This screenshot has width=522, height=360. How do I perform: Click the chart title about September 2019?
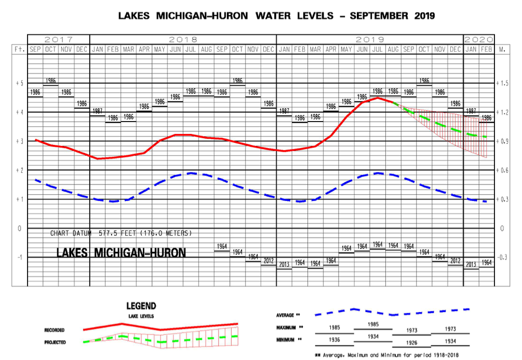(x=276, y=16)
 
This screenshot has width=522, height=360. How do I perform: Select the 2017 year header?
(x=58, y=39)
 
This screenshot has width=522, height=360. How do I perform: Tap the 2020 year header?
(x=479, y=39)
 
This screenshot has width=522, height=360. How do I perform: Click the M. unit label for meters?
(x=502, y=49)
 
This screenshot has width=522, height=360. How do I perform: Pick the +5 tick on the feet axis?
(x=19, y=83)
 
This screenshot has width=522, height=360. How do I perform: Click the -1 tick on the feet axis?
(x=19, y=257)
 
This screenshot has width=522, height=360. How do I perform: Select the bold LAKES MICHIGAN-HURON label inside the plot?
(x=121, y=253)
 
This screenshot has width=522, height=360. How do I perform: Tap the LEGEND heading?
(x=141, y=306)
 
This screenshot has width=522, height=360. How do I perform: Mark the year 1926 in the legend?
(x=411, y=343)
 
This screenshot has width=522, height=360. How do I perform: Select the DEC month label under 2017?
(x=82, y=49)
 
